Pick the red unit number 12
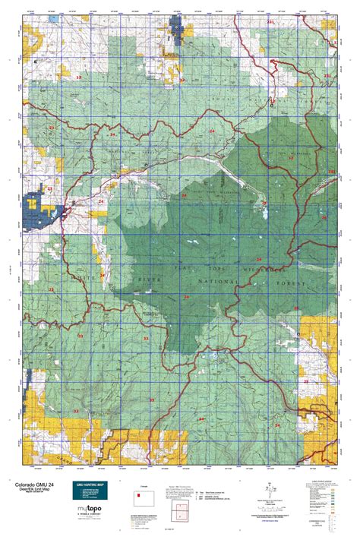(182, 79)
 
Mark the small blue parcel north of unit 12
(179, 31)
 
